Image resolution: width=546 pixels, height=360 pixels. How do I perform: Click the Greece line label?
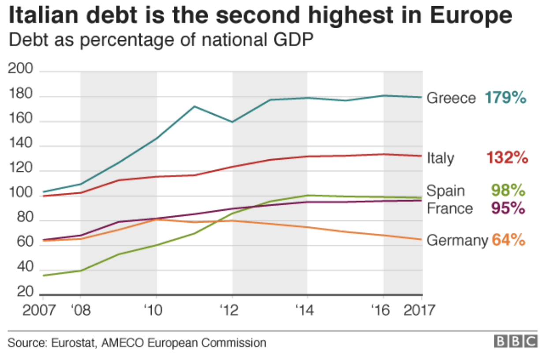451,98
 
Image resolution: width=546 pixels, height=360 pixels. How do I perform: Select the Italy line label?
440,158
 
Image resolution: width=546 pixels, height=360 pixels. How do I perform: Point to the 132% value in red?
507,158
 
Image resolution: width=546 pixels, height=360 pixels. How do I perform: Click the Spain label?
445,191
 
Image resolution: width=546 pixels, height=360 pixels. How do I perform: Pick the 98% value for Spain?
508,191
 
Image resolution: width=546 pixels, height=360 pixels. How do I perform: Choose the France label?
449,208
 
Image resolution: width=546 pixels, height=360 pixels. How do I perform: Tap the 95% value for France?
508,208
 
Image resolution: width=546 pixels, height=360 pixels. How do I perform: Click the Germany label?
457,240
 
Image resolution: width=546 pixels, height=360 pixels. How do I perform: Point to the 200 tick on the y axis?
21,70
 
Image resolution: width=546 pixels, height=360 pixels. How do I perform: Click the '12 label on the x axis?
229,310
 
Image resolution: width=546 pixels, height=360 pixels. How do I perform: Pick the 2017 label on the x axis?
419,310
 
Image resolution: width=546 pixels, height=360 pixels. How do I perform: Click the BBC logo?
516,341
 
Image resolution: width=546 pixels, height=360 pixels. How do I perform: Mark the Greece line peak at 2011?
194,106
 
